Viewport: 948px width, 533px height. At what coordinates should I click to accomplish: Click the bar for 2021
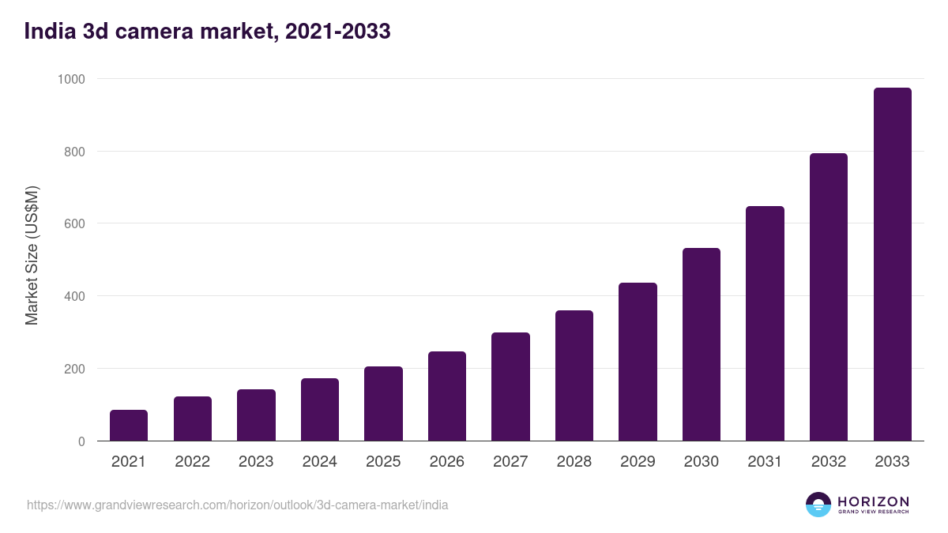click(x=129, y=426)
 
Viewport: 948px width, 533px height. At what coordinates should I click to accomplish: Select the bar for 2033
click(x=892, y=265)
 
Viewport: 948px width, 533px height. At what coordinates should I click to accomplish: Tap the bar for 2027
click(x=510, y=387)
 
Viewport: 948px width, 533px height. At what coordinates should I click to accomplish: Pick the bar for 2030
click(x=702, y=344)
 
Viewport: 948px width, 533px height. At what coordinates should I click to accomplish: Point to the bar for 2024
click(x=320, y=410)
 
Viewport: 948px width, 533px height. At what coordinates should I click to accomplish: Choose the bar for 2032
click(x=829, y=297)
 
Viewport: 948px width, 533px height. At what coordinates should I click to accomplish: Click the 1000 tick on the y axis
click(x=71, y=79)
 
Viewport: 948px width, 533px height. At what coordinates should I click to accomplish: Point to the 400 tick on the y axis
click(x=74, y=296)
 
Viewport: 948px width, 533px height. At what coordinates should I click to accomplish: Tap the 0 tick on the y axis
click(x=81, y=441)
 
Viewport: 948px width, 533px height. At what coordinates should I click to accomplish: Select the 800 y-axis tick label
click(x=74, y=152)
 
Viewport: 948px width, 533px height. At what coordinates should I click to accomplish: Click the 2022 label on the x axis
click(x=192, y=462)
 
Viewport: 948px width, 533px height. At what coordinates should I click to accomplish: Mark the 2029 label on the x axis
click(x=638, y=462)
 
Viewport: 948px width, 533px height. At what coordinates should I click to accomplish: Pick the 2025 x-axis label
click(x=383, y=462)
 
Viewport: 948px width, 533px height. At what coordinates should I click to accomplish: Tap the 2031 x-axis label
click(x=765, y=462)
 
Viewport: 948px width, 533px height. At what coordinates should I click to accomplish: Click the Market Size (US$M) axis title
click(x=32, y=256)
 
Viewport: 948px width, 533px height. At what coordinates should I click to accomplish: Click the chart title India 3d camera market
click(x=208, y=32)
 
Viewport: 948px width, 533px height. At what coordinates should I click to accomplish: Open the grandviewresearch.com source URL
click(x=237, y=505)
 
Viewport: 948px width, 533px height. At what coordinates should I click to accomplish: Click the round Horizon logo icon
click(x=818, y=505)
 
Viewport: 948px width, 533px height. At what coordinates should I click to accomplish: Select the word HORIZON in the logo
click(x=873, y=501)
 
